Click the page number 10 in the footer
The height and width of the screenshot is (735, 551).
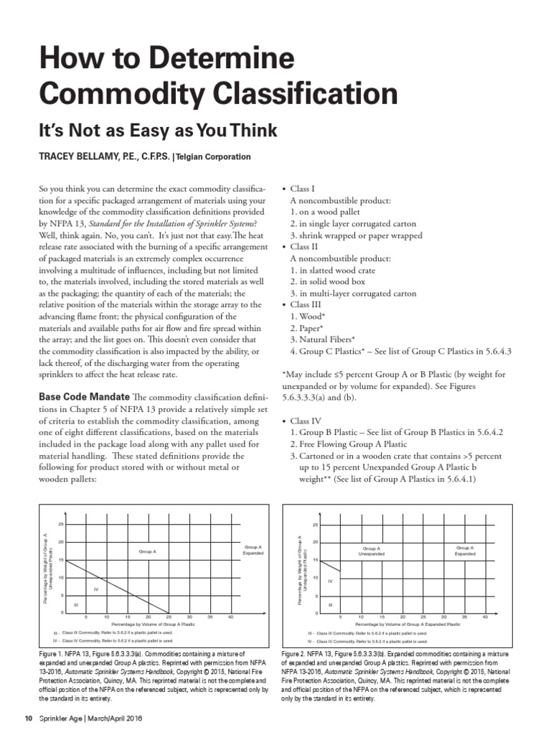[29, 719]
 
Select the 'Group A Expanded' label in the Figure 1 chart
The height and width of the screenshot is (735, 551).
[253, 550]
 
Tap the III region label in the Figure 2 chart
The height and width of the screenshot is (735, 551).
[331, 605]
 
